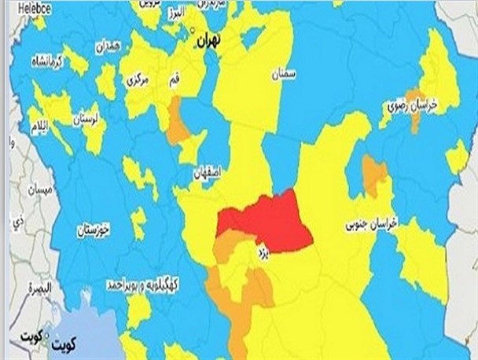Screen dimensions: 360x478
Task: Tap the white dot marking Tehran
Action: click(194, 30)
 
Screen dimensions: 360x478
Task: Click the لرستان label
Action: click(84, 119)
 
